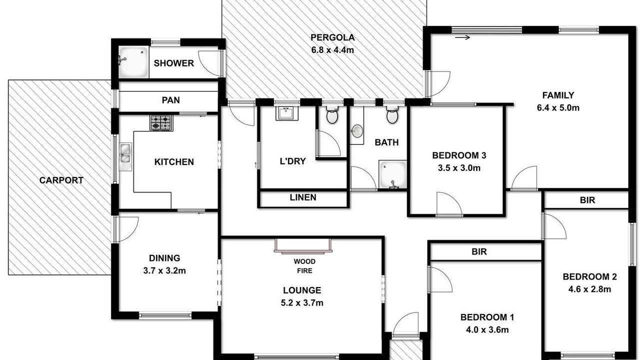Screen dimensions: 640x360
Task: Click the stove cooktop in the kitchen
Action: tap(161, 123)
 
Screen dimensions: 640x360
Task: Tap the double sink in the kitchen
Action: tap(125, 157)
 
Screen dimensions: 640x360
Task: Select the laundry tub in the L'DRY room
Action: tap(287, 113)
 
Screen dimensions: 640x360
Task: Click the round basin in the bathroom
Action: tap(357, 131)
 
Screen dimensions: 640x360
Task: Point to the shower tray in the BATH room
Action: tap(392, 174)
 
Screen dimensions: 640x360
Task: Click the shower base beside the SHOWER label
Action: tap(133, 62)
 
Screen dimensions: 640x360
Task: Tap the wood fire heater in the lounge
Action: tap(303, 246)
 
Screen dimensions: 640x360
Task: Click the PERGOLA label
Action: tap(332, 37)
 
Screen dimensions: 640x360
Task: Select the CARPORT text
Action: tap(61, 180)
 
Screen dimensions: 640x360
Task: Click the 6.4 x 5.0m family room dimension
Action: tap(558, 107)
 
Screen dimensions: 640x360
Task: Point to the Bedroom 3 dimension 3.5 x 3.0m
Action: tap(459, 168)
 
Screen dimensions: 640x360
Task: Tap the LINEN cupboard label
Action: tap(303, 197)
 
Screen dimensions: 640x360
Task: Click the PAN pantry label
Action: tap(171, 100)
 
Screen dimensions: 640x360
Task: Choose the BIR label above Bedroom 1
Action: tap(479, 251)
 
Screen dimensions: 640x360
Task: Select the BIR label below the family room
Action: tap(587, 200)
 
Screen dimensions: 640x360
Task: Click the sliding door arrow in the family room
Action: tap(462, 37)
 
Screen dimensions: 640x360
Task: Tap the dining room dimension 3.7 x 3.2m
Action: tap(164, 270)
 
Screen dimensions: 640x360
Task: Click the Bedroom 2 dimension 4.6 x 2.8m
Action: tap(589, 289)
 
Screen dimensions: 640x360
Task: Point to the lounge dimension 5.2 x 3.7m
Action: tap(302, 303)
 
